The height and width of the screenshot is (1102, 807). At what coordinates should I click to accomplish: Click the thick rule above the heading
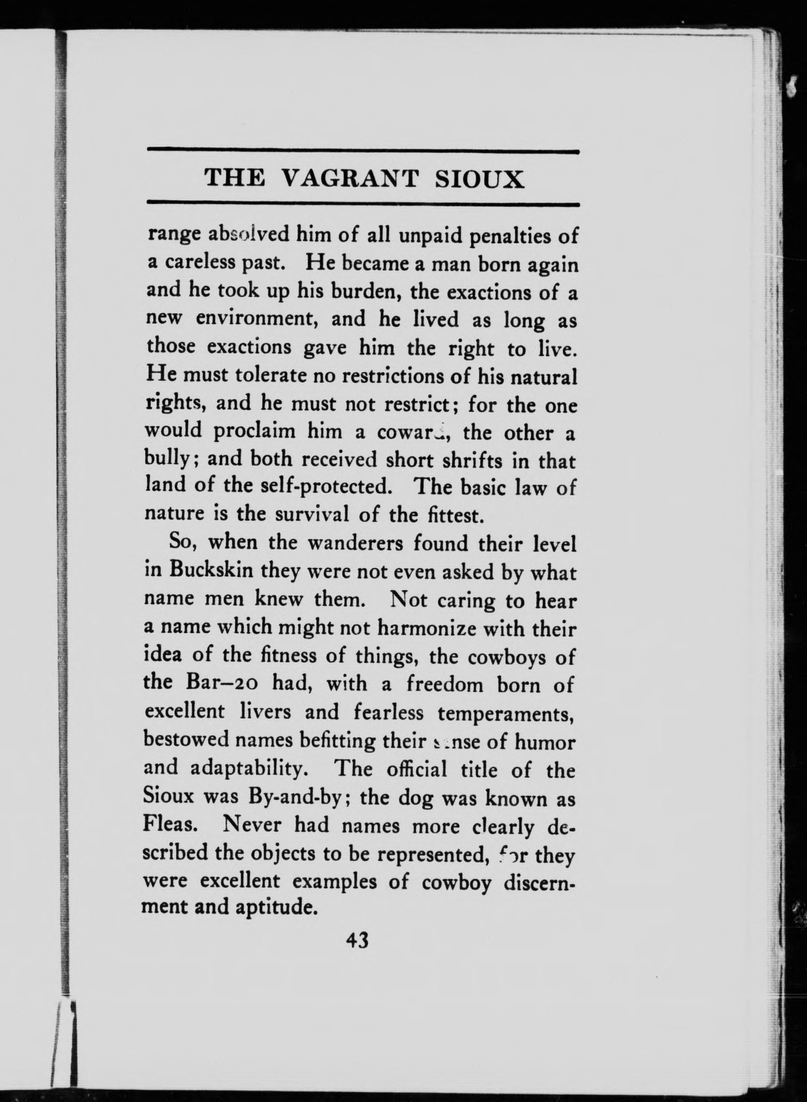(363, 152)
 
